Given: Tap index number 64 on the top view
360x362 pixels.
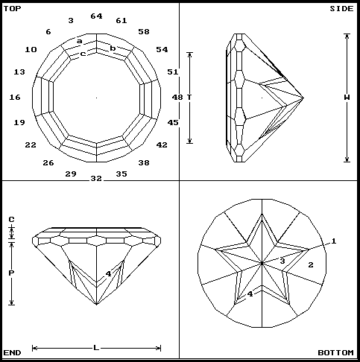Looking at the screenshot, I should click(x=96, y=16).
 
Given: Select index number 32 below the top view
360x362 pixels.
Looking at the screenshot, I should click(x=96, y=179).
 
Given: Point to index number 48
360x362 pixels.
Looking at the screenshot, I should click(x=177, y=97).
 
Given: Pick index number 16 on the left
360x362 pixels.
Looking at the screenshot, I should click(x=15, y=98).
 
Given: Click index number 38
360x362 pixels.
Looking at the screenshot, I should click(x=144, y=162).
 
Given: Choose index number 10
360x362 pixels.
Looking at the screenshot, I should click(x=31, y=49).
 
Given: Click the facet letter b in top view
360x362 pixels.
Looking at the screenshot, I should click(x=113, y=48).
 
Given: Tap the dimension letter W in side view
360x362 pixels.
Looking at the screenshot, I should click(x=347, y=98).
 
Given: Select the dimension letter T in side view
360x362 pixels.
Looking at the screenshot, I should click(x=190, y=98).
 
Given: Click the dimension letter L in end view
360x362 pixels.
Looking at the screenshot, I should click(x=96, y=347).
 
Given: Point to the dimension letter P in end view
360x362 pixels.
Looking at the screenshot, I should click(x=11, y=273).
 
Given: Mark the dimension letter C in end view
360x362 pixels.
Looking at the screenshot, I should click(x=11, y=220).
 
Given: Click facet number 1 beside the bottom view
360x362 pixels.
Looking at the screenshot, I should click(x=334, y=241).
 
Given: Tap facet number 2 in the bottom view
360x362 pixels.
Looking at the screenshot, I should click(x=311, y=265).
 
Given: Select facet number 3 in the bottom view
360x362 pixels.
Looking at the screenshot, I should click(x=282, y=261).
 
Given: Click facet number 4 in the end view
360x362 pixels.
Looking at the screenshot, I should click(x=108, y=274).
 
